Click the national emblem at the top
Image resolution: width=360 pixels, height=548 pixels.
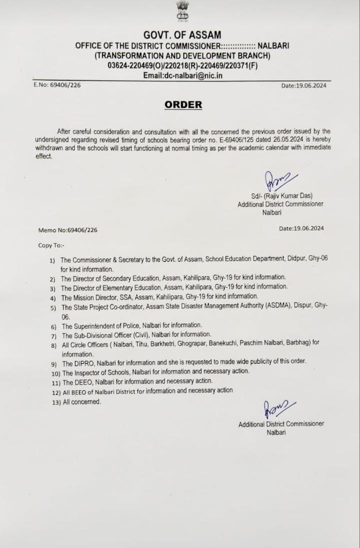[x=182, y=11]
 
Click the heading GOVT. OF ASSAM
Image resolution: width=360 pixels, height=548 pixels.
[x=182, y=35]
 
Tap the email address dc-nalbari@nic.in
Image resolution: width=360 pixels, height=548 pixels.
[x=182, y=75]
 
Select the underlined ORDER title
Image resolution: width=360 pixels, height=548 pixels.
[x=183, y=104]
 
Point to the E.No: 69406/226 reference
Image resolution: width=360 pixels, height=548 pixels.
[x=57, y=85]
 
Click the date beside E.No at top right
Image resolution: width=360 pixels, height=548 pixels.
[x=303, y=85]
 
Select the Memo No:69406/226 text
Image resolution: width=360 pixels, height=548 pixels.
[x=68, y=230]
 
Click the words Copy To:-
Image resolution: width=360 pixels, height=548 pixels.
[x=51, y=245]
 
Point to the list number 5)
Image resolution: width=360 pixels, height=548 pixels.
[x=53, y=308]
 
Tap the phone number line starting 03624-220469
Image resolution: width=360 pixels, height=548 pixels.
[x=182, y=65]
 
